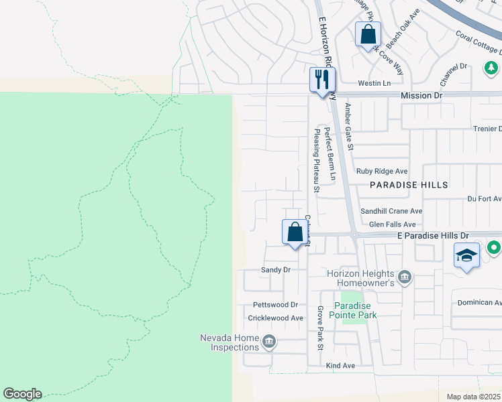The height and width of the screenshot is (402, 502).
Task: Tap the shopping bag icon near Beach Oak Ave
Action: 368,34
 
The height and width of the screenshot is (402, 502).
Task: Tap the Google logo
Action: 22,394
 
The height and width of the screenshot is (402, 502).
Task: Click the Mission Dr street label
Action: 421,96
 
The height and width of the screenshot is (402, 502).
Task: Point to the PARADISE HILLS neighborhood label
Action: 408,184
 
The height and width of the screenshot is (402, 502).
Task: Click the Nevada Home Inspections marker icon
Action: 269,342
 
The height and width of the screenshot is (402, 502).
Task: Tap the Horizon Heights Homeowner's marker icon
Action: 405,277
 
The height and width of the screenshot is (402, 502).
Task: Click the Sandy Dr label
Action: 275,269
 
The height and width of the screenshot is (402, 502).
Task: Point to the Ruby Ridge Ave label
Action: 382,172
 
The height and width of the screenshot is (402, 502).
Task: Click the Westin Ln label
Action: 374,83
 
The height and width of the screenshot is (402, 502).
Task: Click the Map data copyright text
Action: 472,397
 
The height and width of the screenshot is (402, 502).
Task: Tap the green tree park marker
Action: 491,68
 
